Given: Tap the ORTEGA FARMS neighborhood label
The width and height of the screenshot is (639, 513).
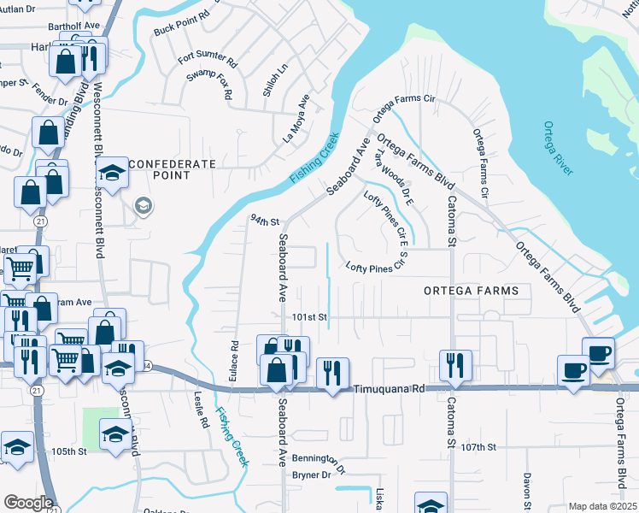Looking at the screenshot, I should point(471,291).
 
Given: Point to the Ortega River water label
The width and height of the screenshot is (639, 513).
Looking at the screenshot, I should point(558,149).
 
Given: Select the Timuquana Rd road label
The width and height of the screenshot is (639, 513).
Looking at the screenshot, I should point(389,388).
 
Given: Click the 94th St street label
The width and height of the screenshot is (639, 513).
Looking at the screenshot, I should point(265,221).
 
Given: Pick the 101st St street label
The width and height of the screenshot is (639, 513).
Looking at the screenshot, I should point(309,317).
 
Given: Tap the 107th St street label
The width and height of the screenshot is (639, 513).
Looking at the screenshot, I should point(478,447).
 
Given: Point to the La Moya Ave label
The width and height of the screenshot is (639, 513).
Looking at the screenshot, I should point(295,120).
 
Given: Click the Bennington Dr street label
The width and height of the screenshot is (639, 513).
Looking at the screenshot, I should point(318,462).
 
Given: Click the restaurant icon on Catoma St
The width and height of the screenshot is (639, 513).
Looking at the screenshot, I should point(454,365).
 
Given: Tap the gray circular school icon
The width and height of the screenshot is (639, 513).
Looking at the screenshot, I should point(143,205).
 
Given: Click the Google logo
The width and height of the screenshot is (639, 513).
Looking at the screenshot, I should point(29,503).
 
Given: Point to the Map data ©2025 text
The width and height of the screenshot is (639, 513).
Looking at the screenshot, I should point(602,506).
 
